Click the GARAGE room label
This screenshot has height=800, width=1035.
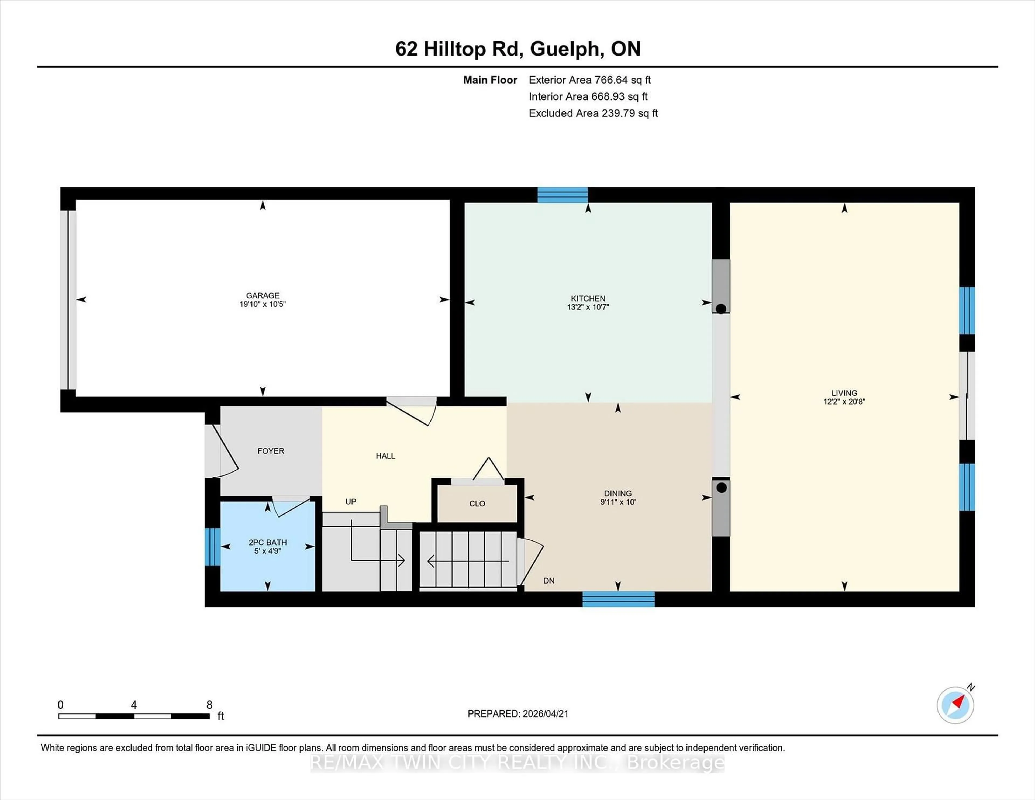(263, 295)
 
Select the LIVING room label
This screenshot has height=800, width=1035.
(844, 393)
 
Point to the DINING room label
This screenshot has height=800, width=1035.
(617, 493)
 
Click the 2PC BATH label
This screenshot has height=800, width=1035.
(268, 542)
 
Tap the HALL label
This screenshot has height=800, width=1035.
(385, 456)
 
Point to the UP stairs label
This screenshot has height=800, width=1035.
(351, 501)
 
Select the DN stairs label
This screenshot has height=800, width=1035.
(549, 581)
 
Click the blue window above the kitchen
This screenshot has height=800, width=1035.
(563, 195)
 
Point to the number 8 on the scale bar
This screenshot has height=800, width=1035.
(209, 705)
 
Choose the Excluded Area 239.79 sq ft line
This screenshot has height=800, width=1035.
(593, 113)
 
